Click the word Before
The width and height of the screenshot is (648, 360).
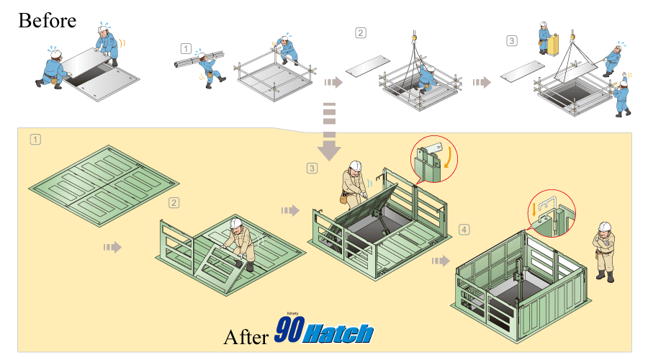tap(47, 21)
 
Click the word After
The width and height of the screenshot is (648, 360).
tap(246, 337)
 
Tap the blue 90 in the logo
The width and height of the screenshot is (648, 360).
tap(290, 330)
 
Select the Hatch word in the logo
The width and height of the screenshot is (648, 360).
tap(338, 333)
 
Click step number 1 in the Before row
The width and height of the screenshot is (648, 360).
tap(186, 49)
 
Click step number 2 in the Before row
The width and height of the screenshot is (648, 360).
tap(361, 32)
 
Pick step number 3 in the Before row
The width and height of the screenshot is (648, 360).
tap(512, 40)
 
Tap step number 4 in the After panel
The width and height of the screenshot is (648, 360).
tap(464, 230)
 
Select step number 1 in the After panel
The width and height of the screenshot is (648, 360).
tap(35, 139)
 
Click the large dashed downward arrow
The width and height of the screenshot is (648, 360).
tap(329, 132)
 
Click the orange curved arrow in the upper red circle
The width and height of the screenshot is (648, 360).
tap(448, 158)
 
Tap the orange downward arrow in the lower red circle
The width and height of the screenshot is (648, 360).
tap(534, 209)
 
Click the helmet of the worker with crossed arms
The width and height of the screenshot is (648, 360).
tap(605, 227)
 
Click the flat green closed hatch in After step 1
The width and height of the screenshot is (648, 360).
tap(104, 186)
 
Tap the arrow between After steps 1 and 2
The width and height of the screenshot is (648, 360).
tap(112, 247)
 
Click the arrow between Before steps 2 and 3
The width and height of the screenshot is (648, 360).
tap(482, 82)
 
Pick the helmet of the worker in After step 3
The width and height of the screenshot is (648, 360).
tap(356, 166)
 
